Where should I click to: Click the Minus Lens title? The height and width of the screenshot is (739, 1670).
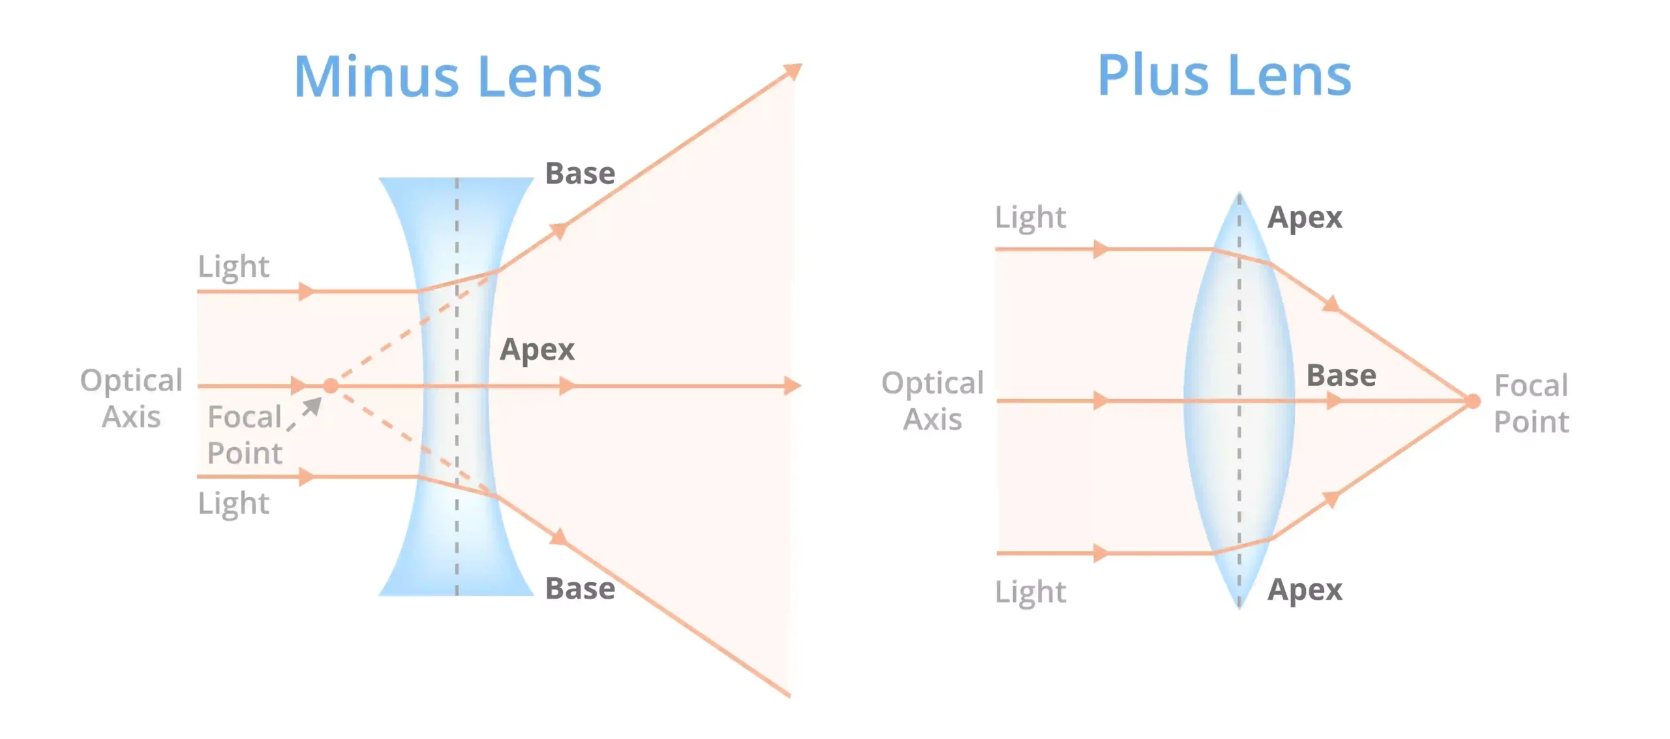pos(448,77)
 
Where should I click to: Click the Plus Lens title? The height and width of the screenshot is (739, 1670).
pos(1224,76)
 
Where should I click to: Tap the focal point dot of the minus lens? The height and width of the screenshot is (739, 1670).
pos(331,386)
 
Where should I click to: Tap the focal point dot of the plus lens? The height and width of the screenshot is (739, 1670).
pos(1473,401)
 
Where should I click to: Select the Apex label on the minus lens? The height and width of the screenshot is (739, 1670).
pos(537,349)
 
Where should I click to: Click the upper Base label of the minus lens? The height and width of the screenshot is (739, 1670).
pos(580,174)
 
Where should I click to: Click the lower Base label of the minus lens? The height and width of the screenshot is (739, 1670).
pos(580,589)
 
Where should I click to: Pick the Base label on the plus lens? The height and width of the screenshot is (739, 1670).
pos(1341,376)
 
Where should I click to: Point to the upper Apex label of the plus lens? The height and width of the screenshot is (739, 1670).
pos(1305,217)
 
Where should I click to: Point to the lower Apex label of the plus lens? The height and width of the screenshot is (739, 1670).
pos(1305,590)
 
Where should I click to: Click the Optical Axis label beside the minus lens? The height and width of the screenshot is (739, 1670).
pos(131,398)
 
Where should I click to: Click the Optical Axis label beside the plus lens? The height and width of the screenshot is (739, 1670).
pos(932,401)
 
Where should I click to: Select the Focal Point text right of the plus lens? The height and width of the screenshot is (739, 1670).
pos(1531,403)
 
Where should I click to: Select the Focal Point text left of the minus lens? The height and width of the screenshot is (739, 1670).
pos(245,435)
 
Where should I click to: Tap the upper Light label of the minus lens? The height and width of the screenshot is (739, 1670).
pos(234,266)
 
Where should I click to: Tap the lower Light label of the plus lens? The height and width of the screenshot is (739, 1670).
pos(1030,592)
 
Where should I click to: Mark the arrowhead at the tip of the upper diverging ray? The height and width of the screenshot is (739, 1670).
pos(793,71)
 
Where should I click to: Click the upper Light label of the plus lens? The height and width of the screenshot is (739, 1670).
pos(1030,217)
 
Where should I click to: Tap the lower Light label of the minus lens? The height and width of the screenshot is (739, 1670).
pos(234,503)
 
